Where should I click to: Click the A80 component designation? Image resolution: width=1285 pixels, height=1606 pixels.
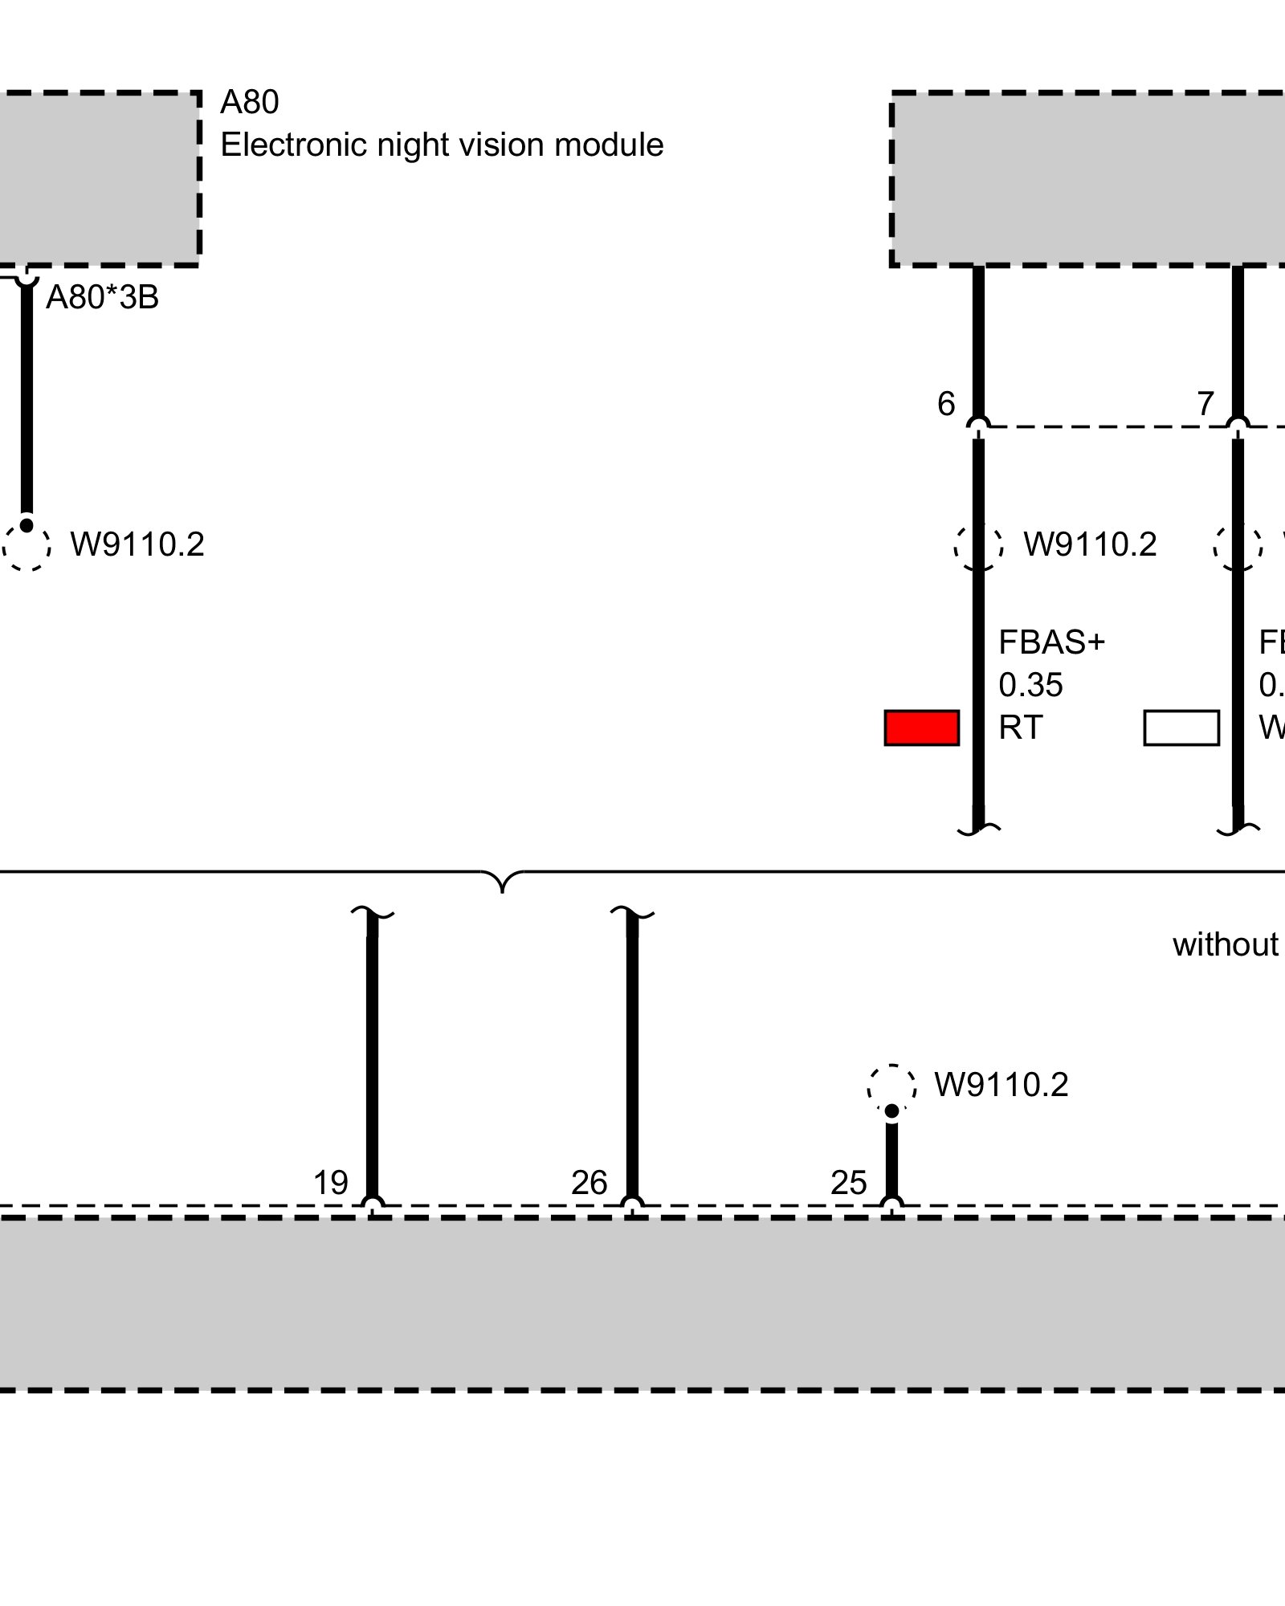pyautogui.click(x=249, y=103)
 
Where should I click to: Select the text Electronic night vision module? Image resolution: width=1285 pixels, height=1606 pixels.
pyautogui.click(x=442, y=145)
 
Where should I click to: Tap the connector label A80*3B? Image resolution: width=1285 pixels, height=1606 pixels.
pyautogui.click(x=102, y=298)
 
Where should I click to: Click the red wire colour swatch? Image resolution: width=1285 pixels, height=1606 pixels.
pyautogui.click(x=921, y=728)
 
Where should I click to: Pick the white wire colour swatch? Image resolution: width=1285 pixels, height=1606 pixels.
pyautogui.click(x=1181, y=728)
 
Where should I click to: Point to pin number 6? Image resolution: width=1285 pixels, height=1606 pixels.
pyautogui.click(x=946, y=404)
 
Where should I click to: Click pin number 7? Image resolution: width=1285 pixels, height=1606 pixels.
pyautogui.click(x=1205, y=404)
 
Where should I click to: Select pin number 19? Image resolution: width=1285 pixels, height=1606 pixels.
pyautogui.click(x=330, y=1183)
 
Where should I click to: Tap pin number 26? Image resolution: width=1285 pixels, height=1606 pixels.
pyautogui.click(x=589, y=1183)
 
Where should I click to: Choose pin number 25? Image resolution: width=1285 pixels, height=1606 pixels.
pyautogui.click(x=849, y=1183)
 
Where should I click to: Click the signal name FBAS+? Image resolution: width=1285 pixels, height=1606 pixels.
pyautogui.click(x=1051, y=642)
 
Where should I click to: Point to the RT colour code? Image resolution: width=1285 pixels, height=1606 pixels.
pyautogui.click(x=1020, y=728)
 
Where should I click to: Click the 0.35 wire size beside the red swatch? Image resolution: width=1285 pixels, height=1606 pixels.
pyautogui.click(x=1030, y=685)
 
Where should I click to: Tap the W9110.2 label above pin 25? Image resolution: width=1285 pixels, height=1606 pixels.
pyautogui.click(x=1001, y=1085)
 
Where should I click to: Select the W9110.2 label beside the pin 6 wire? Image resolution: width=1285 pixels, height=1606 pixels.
pyautogui.click(x=1090, y=544)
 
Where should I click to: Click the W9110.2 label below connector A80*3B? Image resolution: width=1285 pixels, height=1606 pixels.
pyautogui.click(x=137, y=544)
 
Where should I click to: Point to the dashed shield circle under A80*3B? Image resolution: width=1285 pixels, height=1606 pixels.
pyautogui.click(x=27, y=546)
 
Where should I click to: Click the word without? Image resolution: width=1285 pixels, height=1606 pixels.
pyautogui.click(x=1226, y=945)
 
